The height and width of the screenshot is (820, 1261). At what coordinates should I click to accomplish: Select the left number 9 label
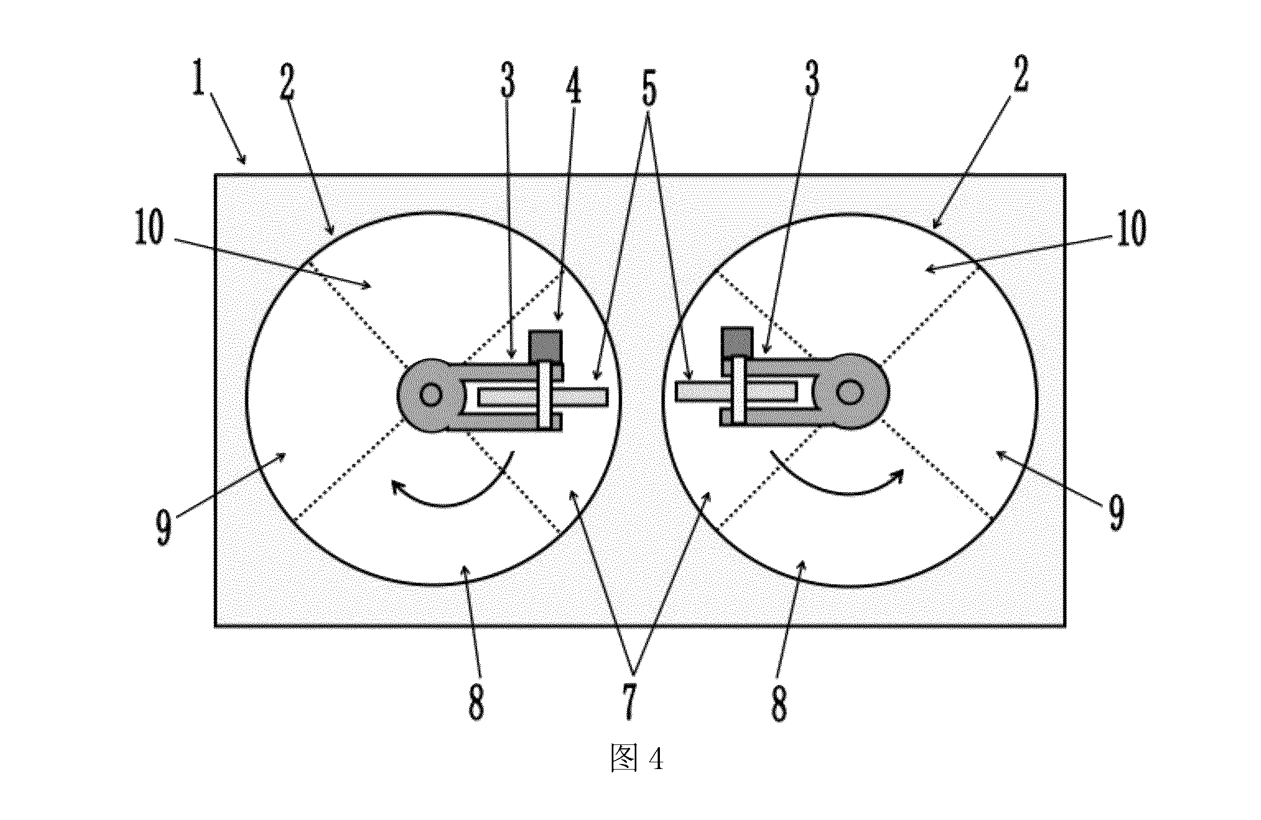[163, 529]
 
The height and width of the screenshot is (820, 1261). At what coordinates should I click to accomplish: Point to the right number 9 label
[1117, 514]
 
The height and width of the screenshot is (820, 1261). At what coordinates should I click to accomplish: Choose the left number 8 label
[476, 702]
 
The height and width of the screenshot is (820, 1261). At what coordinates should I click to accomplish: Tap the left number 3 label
[508, 81]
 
